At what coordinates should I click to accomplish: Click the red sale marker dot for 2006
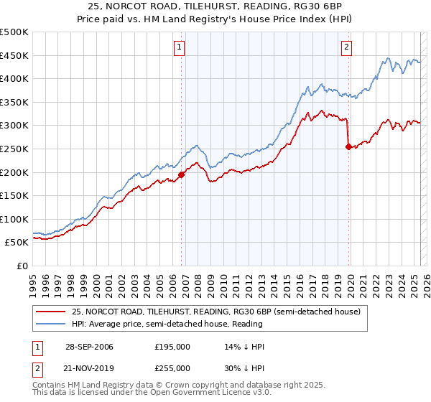point(181,174)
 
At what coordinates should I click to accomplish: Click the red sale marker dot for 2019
point(348,146)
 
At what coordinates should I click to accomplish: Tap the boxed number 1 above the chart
point(179,48)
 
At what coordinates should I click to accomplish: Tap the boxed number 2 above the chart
point(346,48)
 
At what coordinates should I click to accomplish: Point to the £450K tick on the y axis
point(15,55)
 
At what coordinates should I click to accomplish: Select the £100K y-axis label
point(15,219)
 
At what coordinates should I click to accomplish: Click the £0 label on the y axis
point(22,266)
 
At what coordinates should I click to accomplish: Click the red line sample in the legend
point(50,312)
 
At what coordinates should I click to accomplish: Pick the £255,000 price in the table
point(172,368)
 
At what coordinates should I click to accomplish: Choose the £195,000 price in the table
point(172,347)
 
